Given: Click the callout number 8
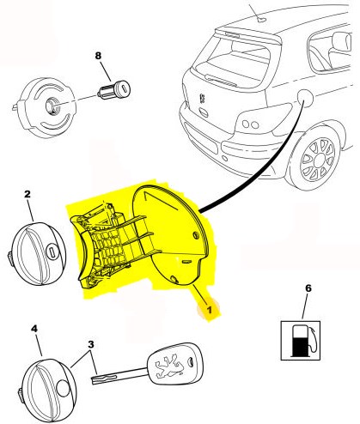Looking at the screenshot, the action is pos(98,56).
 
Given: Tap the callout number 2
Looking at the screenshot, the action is pos(27,195).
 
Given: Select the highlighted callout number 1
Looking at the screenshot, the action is pos(210,310).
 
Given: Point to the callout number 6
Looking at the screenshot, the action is pos(308,288).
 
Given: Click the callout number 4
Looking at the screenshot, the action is pos(34,329).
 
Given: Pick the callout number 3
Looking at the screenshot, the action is pos(91,344).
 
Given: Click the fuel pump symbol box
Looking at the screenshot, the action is pos(300,341).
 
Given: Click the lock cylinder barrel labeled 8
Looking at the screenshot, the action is pos(114,89).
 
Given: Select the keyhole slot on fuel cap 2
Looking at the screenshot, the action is pos(52,252).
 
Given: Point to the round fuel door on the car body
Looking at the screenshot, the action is pos(304,96).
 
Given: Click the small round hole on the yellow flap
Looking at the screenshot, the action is pos(196,235).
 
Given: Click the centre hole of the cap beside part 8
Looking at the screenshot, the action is pos(52,106).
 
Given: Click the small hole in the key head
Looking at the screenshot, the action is pos(190,361).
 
